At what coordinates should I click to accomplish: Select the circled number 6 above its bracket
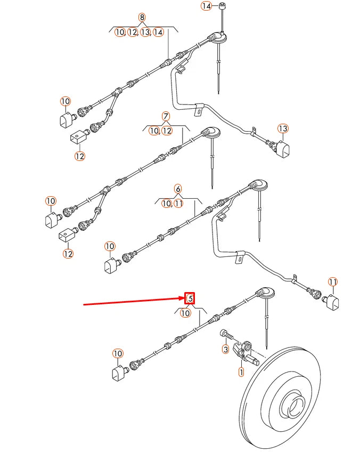178,189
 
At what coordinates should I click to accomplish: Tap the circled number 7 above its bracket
166,116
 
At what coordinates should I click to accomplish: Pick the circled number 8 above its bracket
142,18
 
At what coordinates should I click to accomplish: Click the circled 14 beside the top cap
206,6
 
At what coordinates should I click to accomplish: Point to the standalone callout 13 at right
283,128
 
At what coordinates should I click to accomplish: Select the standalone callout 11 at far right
333,281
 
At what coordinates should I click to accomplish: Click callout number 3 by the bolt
225,350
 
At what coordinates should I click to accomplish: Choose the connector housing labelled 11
333,302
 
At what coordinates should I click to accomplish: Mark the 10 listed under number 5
185,313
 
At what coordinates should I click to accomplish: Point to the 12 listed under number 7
167,131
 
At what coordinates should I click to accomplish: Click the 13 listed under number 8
145,33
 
